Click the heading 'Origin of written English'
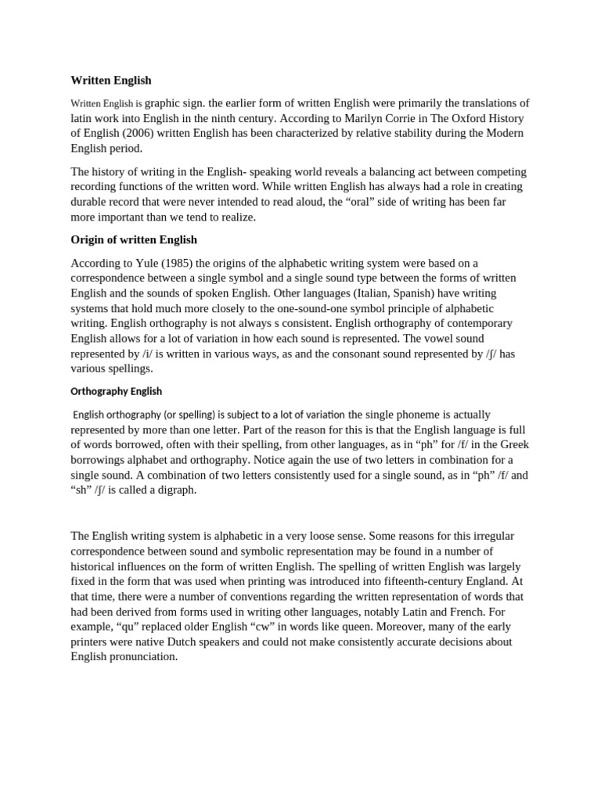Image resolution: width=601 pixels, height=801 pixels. [x=134, y=239]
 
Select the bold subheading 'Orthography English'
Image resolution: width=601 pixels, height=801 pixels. [x=117, y=391]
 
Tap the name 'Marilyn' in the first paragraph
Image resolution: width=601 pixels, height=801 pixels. [x=360, y=118]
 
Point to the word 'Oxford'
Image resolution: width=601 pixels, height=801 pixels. [x=470, y=118]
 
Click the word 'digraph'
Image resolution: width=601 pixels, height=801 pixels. [x=176, y=490]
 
